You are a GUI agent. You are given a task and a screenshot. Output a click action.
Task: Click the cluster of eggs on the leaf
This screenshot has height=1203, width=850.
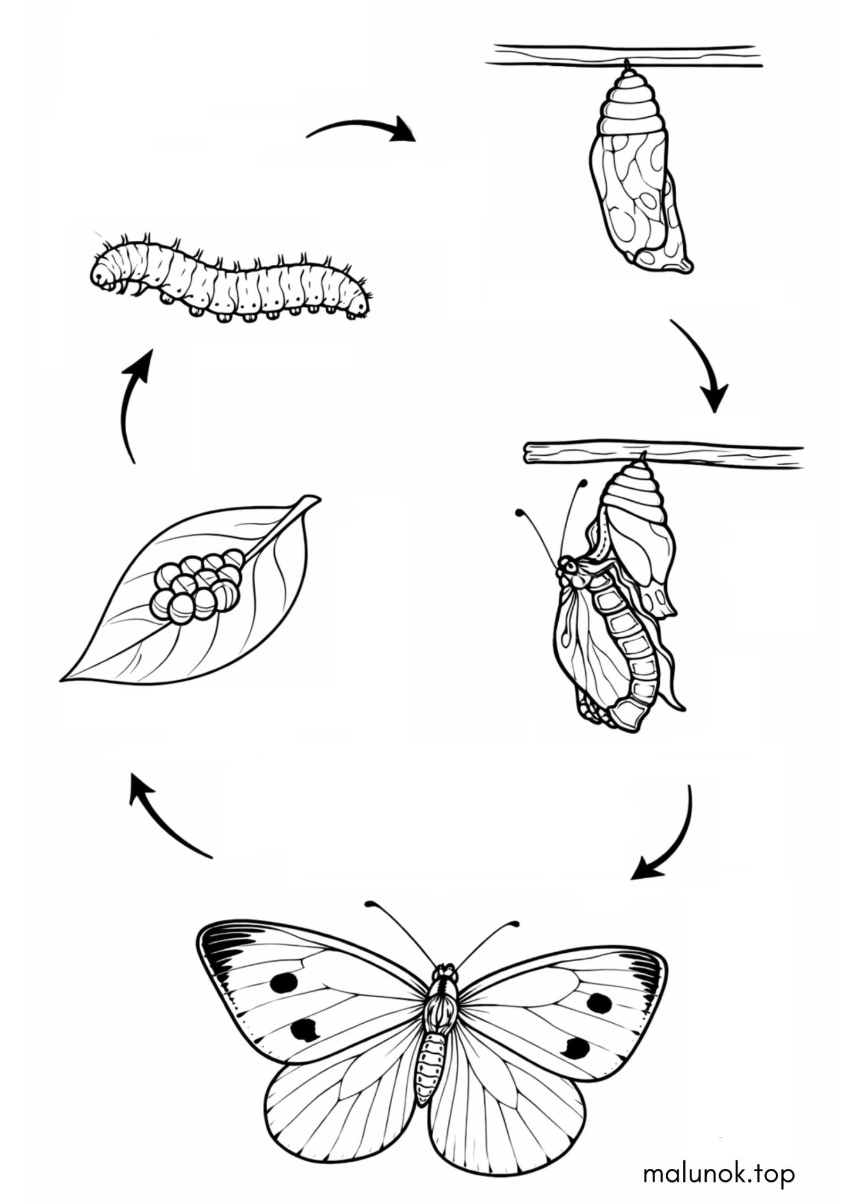pos(196,585)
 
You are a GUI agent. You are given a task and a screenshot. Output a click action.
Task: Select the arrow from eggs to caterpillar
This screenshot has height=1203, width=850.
pos(130,405)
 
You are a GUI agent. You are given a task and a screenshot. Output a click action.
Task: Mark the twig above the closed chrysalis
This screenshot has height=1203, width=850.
pos(626,55)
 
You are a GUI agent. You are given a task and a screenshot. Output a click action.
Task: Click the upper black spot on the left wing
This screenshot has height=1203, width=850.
pos(284,982)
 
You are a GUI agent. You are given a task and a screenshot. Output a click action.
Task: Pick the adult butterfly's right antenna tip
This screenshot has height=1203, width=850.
pos(515,925)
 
